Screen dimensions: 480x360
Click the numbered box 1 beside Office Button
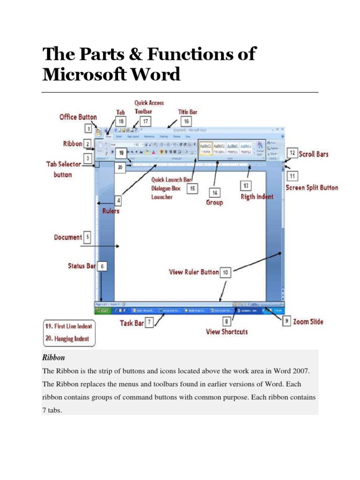tap(88, 127)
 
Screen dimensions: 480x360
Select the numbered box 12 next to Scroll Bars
tap(292, 153)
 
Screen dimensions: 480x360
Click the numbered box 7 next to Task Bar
tap(149, 322)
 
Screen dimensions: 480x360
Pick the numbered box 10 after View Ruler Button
tap(225, 272)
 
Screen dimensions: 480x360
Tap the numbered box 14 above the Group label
tap(215, 193)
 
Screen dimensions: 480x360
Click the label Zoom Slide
tap(308, 322)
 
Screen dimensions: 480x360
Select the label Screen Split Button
tap(312, 187)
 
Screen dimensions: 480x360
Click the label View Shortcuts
tap(227, 332)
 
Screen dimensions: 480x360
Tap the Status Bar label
tap(82, 266)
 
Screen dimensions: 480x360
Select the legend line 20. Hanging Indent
tap(67, 337)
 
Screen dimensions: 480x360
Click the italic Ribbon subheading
tap(53, 357)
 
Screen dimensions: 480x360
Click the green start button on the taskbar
tap(104, 310)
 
